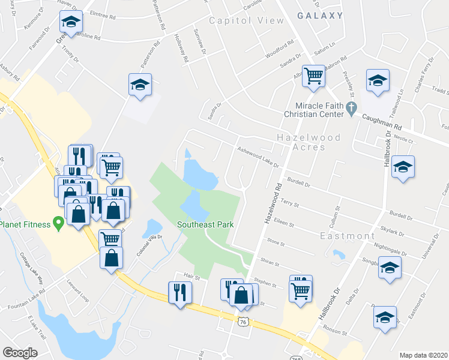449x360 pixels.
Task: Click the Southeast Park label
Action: (x=205, y=225)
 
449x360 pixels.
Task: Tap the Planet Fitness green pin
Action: (x=58, y=223)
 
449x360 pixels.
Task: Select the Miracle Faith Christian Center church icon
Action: (x=354, y=109)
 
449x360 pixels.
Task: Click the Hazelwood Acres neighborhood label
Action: (x=309, y=142)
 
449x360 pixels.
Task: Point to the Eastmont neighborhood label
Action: (x=348, y=236)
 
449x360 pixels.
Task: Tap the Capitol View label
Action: (x=246, y=20)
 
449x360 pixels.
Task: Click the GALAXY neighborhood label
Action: (x=320, y=16)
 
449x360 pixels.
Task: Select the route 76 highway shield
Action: (x=244, y=322)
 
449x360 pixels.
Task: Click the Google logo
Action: (x=20, y=352)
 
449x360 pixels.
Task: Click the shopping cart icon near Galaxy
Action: (x=313, y=76)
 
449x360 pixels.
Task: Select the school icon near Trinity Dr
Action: (x=71, y=23)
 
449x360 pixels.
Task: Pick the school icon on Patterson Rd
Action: (x=140, y=85)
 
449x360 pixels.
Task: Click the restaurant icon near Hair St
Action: (x=180, y=292)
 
